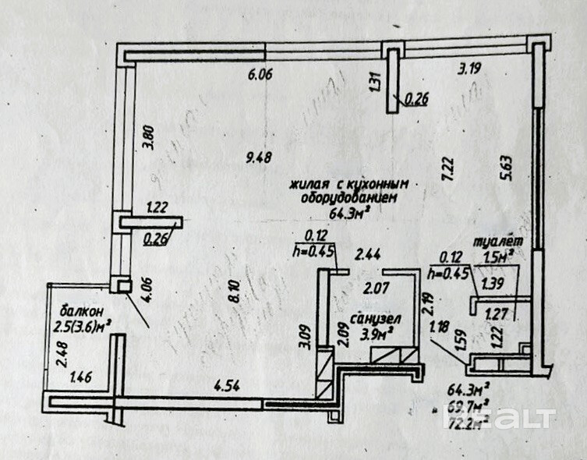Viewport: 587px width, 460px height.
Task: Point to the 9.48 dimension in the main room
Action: (258, 157)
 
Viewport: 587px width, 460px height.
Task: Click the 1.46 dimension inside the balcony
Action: (81, 380)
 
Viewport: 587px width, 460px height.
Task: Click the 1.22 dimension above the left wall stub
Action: (158, 207)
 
